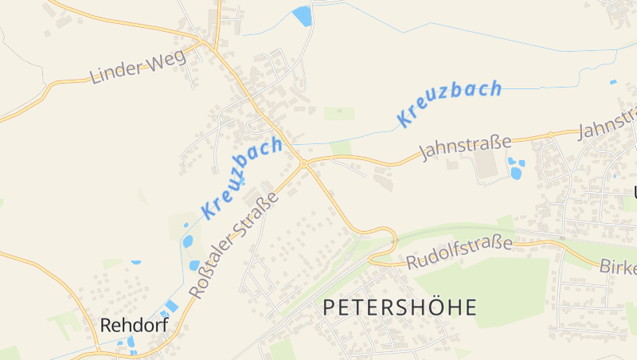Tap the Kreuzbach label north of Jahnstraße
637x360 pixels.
pyautogui.click(x=450, y=104)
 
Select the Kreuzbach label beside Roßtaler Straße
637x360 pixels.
pyautogui.click(x=242, y=178)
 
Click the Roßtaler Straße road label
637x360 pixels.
pyautogui.click(x=235, y=245)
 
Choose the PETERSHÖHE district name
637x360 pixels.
pyautogui.click(x=400, y=307)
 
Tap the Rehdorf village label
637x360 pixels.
pyautogui.click(x=134, y=325)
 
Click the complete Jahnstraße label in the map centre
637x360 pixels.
pyautogui.click(x=466, y=148)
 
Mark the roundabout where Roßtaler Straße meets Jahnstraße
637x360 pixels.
pyautogui.click(x=303, y=165)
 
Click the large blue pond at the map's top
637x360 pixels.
pyautogui.click(x=303, y=16)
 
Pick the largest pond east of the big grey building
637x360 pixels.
pyautogui.click(x=516, y=172)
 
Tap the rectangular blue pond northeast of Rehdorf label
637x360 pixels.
pyautogui.click(x=171, y=307)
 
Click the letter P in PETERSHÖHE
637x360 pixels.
pyautogui.click(x=330, y=307)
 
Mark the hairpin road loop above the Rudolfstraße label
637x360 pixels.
pyautogui.click(x=388, y=236)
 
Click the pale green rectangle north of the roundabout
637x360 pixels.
pyautogui.click(x=338, y=113)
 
